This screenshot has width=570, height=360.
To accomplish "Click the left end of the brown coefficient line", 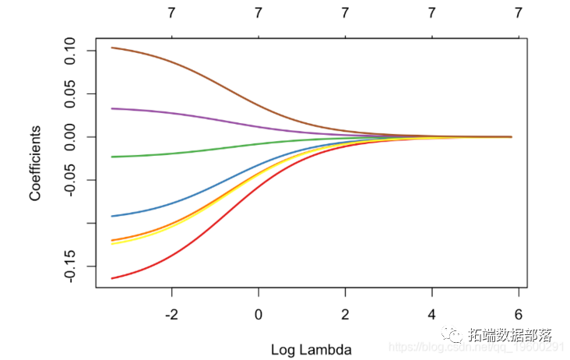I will click(x=112, y=48).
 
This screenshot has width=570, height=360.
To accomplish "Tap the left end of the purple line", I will click(x=112, y=108).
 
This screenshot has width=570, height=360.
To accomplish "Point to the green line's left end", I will click(x=112, y=157).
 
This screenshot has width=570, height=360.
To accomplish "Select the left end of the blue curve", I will click(x=112, y=216).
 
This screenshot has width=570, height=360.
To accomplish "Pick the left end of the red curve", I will click(x=112, y=278).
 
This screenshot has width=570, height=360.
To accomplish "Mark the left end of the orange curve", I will click(x=112, y=240).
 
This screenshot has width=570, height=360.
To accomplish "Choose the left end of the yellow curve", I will click(x=112, y=244).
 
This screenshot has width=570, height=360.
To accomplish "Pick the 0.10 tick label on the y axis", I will click(x=69, y=51).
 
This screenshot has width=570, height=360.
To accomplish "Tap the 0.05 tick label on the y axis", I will click(x=69, y=94).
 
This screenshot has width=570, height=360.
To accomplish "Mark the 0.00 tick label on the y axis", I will click(x=69, y=137).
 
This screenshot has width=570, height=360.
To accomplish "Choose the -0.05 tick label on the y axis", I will click(x=69, y=180).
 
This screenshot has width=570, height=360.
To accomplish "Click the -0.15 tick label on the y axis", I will click(x=69, y=266).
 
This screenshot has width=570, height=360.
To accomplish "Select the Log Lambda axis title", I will click(x=311, y=349).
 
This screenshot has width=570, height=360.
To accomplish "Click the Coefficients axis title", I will click(x=35, y=162).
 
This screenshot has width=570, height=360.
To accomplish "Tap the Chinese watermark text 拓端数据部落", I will click(x=509, y=336).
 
